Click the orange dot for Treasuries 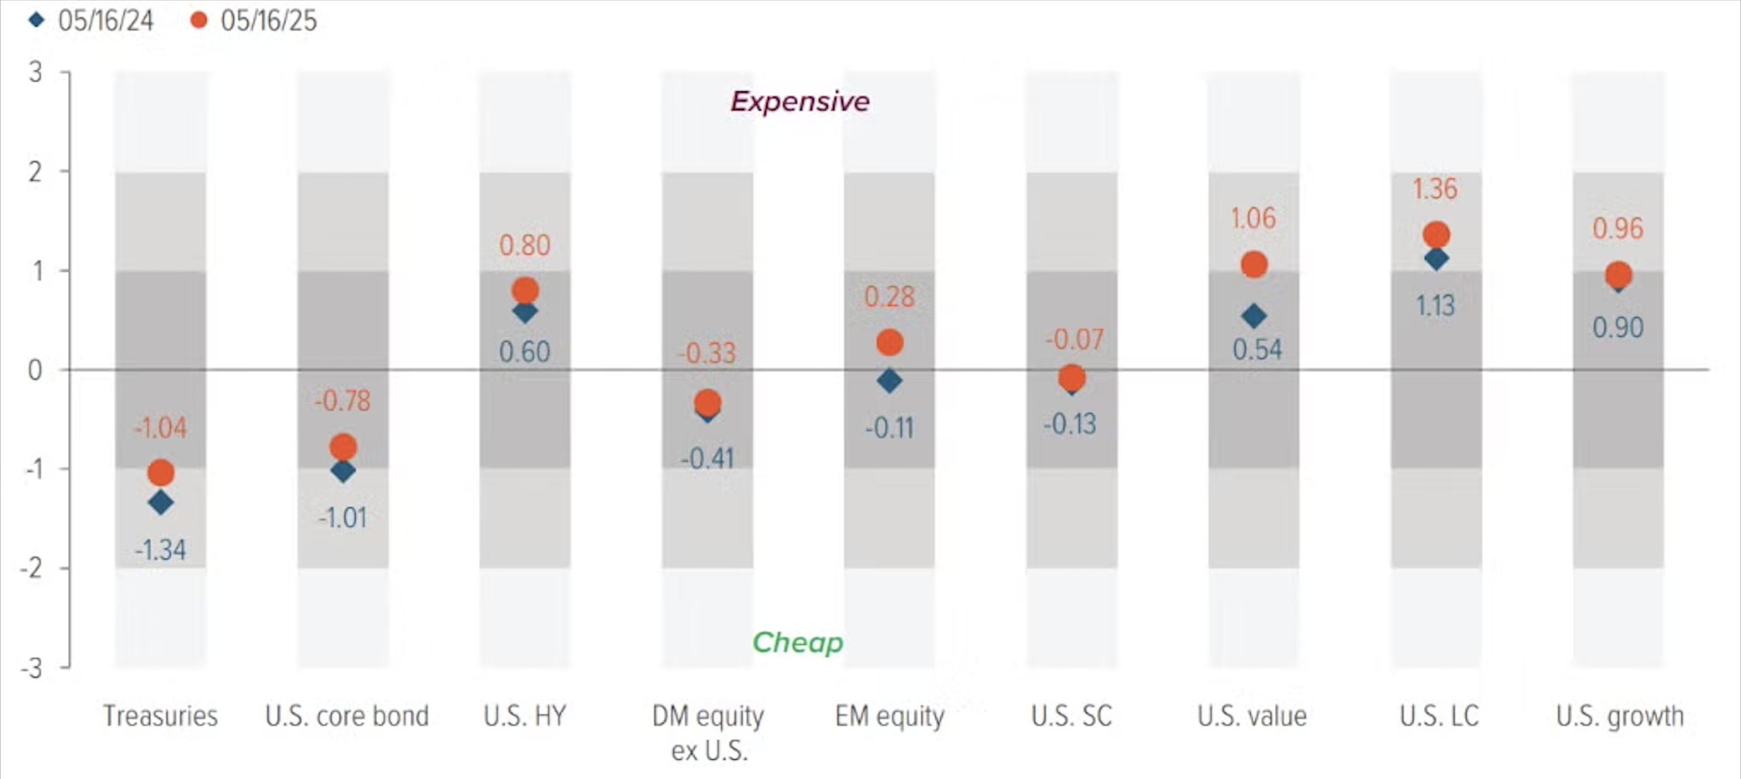coord(161,473)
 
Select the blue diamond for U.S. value coord(1254,316)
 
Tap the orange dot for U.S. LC coord(1436,235)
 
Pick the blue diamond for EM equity coord(889,380)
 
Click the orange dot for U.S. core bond coord(343,447)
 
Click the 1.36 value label coord(1435,189)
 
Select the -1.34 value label coord(160,550)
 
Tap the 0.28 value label coord(889,298)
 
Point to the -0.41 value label coord(707,459)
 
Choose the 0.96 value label coord(1617,229)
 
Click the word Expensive coord(800,102)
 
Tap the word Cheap coord(797,642)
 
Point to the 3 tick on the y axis coord(35,72)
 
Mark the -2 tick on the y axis coord(32,568)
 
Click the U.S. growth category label coord(1619,716)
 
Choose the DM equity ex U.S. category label coord(708,733)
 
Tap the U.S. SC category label coord(1071,716)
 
